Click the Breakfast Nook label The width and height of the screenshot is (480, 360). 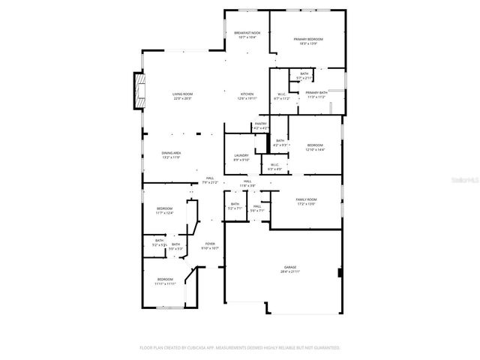[x=247, y=33]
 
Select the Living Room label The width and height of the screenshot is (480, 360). [x=183, y=94]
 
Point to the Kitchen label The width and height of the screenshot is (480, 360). [x=247, y=94]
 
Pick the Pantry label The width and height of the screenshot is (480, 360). [x=261, y=124]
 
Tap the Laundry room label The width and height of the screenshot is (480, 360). [x=241, y=156]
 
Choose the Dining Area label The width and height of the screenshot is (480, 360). [x=172, y=153]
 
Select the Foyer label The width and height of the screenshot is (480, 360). [x=210, y=243]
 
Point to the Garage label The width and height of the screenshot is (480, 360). [x=290, y=267]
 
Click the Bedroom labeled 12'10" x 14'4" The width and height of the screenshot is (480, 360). [x=314, y=145]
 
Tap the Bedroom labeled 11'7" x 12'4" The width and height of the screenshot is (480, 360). [x=164, y=208]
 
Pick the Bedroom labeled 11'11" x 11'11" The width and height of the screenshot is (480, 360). [x=165, y=280]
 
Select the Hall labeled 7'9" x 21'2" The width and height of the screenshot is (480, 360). [x=210, y=178]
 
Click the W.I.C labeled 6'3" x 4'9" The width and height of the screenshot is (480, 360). [x=274, y=165]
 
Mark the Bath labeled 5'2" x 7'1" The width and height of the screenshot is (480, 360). [x=235, y=204]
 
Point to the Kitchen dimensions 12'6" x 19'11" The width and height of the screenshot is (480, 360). [x=247, y=98]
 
